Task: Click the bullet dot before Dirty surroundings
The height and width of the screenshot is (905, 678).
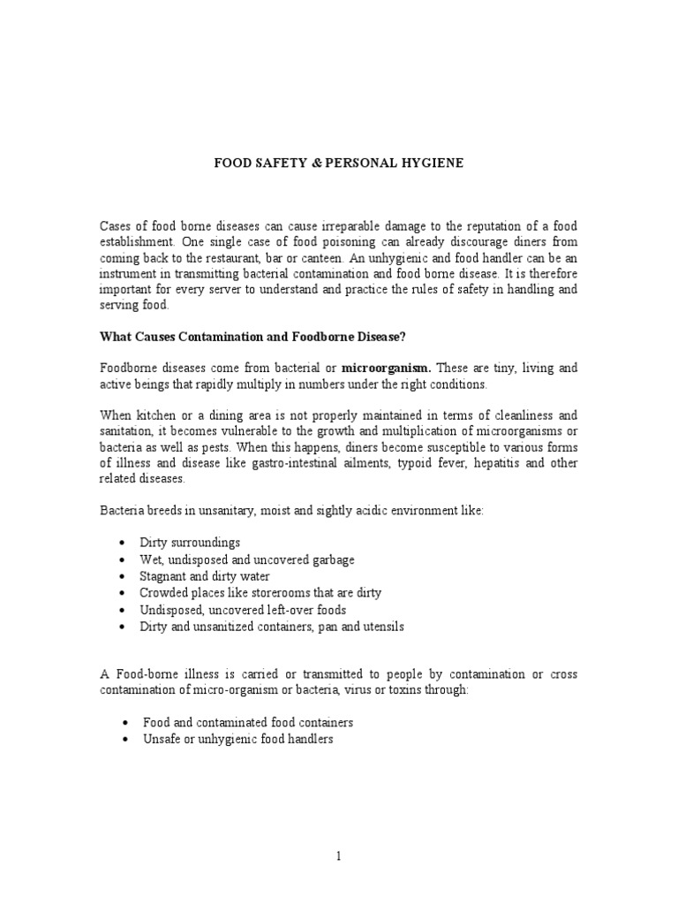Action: click(x=121, y=543)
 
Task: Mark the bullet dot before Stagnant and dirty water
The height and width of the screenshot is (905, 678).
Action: click(x=121, y=576)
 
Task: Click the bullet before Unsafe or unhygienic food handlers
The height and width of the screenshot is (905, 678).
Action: click(x=121, y=739)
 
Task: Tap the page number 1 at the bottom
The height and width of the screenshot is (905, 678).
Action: click(x=339, y=856)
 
